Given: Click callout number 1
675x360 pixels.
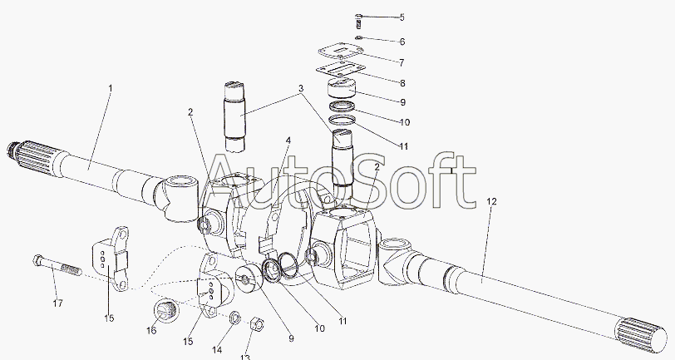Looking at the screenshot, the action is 111,88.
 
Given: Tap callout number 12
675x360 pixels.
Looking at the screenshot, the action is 491,201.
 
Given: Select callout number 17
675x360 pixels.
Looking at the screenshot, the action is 57,303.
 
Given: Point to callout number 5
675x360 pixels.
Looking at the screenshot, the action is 402,17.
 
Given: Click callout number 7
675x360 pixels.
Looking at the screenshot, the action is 402,63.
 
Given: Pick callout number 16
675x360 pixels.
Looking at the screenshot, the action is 151,330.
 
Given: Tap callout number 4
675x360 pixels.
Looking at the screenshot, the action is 288,141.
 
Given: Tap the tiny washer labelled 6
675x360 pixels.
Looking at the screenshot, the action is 359,38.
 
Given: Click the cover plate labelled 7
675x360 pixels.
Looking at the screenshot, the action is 341,54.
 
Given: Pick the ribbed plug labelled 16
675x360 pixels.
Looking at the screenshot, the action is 164,310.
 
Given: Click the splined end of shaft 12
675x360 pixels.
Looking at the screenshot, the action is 643,335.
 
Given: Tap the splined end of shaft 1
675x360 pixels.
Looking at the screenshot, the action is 31,155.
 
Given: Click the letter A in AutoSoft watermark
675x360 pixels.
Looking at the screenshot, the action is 229,182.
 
